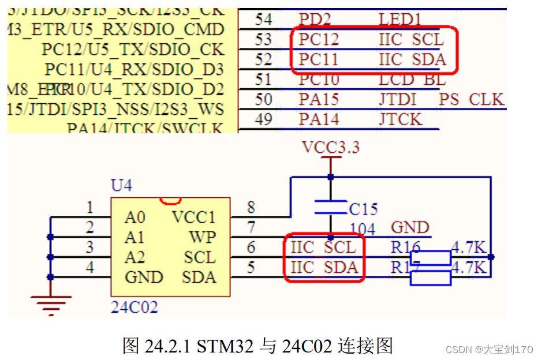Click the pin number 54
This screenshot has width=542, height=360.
click(264, 19)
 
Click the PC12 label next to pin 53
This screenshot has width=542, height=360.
click(319, 39)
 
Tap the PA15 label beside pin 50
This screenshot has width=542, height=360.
click(319, 99)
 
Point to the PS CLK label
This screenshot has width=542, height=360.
click(472, 99)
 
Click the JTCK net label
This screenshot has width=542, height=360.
click(401, 119)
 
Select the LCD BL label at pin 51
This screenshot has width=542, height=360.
click(412, 80)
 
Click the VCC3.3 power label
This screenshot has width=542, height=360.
click(331, 148)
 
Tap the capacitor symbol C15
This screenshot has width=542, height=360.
click(331, 208)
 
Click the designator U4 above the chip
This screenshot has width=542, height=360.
click(121, 186)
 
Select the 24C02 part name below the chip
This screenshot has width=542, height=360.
click(134, 307)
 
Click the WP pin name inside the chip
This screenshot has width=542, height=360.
click(202, 237)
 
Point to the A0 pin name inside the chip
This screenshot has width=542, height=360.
click(134, 217)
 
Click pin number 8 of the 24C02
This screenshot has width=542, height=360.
click(251, 207)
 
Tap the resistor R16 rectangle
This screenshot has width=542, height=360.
click(431, 257)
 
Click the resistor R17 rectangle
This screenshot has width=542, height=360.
click(431, 277)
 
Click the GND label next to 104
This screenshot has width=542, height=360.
click(410, 227)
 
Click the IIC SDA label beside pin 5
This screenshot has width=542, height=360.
click(324, 267)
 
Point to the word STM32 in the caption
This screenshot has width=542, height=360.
click(222, 346)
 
